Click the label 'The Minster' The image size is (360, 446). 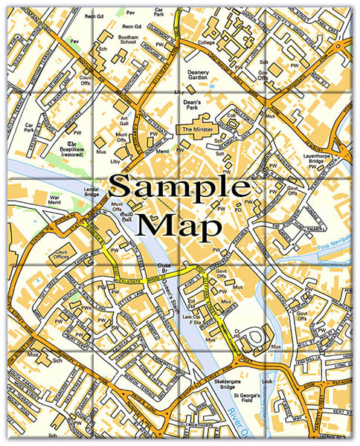coord(196,129)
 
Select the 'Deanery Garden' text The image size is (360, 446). coord(197,75)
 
